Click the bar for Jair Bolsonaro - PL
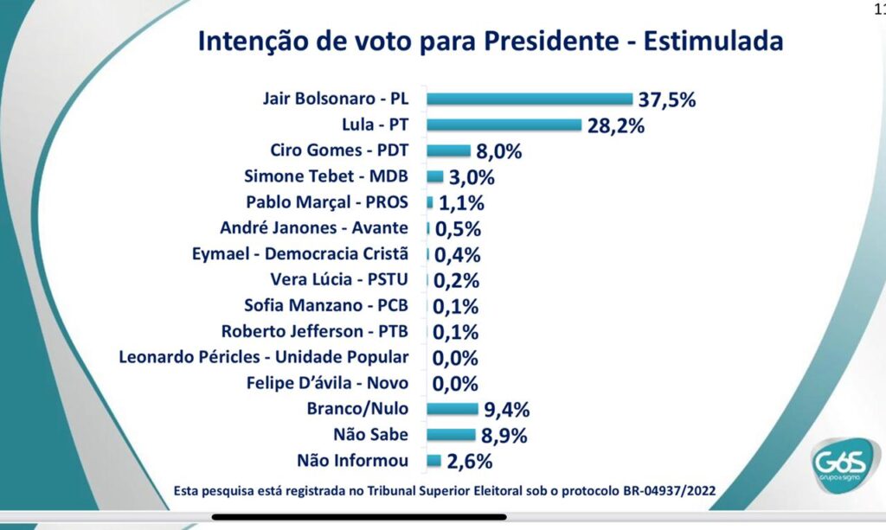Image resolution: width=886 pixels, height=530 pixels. click(530, 99)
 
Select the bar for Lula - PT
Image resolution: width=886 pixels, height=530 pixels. click(504, 125)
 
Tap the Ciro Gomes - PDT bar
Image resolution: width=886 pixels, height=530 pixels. click(448, 151)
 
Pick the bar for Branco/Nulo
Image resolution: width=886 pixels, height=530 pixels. click(452, 409)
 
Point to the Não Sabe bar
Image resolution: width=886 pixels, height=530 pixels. click(451, 435)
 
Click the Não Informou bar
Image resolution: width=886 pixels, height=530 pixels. click(433, 461)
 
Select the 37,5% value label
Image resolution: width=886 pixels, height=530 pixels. click(667, 100)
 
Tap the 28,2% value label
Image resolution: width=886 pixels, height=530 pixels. click(615, 126)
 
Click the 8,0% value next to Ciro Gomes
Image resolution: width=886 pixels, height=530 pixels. click(498, 152)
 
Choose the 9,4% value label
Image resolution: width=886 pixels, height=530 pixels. click(506, 410)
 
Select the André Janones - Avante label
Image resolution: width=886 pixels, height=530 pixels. click(314, 228)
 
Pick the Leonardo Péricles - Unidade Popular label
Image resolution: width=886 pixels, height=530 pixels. click(268, 356)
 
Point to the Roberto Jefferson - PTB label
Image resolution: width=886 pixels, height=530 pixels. click(314, 331)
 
